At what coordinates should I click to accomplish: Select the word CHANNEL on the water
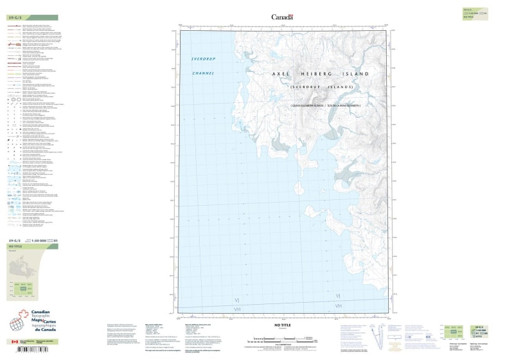tap(204, 74)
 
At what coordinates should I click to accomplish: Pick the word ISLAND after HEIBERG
tap(357, 75)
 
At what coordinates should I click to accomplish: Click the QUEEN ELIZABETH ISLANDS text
tap(301, 105)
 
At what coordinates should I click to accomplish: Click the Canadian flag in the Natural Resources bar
tap(14, 342)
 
